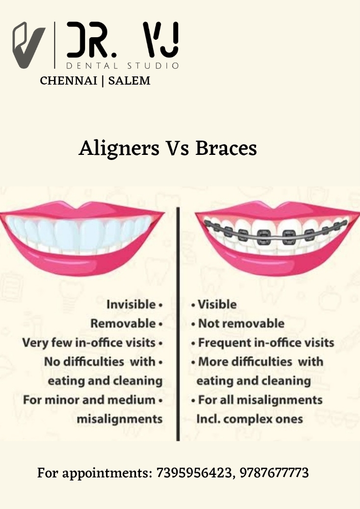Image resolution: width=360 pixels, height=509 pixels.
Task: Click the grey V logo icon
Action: click(x=29, y=45)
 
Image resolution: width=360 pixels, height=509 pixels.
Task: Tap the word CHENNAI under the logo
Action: click(x=68, y=81)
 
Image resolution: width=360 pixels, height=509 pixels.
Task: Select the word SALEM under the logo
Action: click(x=129, y=81)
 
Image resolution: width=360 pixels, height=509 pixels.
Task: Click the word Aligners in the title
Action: click(x=119, y=149)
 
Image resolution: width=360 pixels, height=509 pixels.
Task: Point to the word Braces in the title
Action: click(x=226, y=148)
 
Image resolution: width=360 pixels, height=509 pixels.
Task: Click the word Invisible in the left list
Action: click(x=131, y=305)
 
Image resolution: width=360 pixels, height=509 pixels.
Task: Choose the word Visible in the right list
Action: click(x=217, y=305)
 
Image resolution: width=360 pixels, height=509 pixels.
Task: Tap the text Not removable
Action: click(x=241, y=324)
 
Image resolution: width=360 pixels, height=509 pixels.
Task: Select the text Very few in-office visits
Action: click(x=89, y=343)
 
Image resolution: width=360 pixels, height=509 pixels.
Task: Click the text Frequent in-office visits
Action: click(x=266, y=343)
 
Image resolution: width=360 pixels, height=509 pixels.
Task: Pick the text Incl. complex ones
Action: click(x=250, y=419)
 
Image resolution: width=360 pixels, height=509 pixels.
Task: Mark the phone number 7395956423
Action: click(x=194, y=473)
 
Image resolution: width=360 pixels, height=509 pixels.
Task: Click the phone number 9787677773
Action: click(x=274, y=473)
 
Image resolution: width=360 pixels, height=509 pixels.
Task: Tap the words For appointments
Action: click(x=94, y=473)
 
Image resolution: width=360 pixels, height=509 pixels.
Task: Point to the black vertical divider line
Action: click(x=178, y=324)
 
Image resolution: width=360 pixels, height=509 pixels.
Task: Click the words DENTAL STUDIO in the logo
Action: click(x=122, y=66)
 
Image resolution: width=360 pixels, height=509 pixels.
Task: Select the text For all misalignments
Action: click(x=260, y=400)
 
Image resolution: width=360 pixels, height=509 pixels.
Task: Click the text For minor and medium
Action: click(x=89, y=400)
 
